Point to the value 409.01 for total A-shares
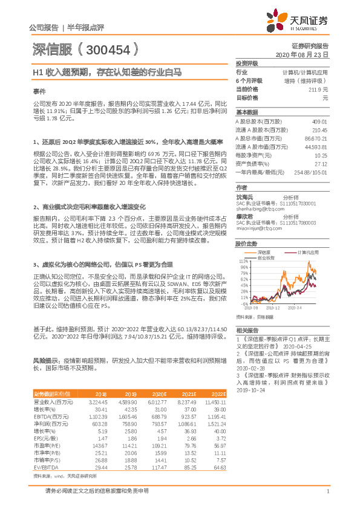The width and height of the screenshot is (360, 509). pyautogui.click(x=319, y=121)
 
